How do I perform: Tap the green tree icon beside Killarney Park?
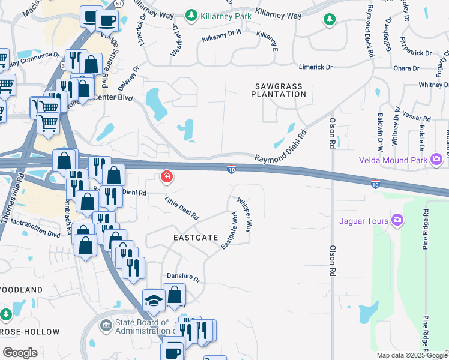point(191,14)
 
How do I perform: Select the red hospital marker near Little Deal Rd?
point(166,178)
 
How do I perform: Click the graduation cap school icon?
point(154,301)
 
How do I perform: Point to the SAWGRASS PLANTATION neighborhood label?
point(279,91)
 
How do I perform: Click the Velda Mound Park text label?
point(393,160)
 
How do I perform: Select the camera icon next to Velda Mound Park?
point(436,160)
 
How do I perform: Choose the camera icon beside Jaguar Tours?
point(397,221)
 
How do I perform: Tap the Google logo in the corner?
point(20,353)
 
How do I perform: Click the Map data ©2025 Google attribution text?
point(412,355)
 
